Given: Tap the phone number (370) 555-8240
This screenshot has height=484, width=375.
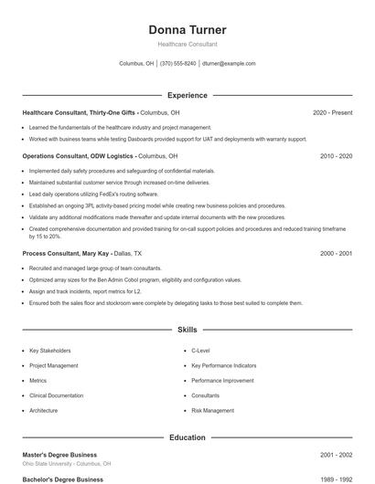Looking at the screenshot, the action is (x=177, y=64).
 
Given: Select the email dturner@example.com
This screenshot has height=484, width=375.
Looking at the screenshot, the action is (x=229, y=64).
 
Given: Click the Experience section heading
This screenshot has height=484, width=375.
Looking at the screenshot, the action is (x=187, y=95).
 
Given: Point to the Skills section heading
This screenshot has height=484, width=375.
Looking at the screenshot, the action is (x=187, y=329).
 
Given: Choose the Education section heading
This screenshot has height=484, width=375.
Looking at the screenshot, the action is (x=187, y=437).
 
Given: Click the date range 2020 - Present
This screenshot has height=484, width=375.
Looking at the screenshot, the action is (x=332, y=112).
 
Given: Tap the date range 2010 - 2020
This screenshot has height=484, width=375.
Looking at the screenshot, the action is (x=336, y=156).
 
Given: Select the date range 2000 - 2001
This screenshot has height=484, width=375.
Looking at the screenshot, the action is (x=336, y=253).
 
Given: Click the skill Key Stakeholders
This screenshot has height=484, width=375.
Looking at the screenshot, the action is (x=49, y=351).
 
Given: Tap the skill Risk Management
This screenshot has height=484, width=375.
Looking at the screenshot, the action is (x=212, y=411).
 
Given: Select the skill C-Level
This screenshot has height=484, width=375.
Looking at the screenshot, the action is (x=201, y=351).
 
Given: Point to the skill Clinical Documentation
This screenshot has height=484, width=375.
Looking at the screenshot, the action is (x=56, y=395).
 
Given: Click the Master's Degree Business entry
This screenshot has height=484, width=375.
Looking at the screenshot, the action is (x=59, y=454).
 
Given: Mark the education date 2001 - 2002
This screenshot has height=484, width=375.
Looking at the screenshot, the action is (x=336, y=454).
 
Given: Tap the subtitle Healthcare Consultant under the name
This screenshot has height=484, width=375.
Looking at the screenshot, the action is (x=187, y=44).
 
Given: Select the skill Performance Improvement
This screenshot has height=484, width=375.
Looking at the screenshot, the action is (x=222, y=381).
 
